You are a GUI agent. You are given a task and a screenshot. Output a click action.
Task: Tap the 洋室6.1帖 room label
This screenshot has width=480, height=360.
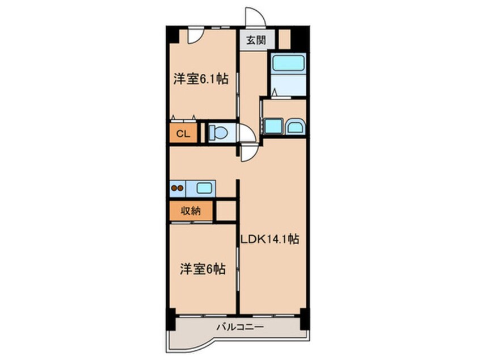(201, 79)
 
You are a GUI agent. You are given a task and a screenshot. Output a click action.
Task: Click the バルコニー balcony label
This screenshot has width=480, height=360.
(238, 328)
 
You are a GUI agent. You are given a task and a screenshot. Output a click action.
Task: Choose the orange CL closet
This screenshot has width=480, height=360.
(182, 133)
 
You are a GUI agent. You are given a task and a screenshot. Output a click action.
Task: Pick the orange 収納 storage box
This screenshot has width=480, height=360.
(191, 211)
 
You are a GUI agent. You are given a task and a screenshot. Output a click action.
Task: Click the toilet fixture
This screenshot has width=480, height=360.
(218, 132)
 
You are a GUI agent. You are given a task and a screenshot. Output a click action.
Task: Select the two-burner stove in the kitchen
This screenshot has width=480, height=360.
(177, 187)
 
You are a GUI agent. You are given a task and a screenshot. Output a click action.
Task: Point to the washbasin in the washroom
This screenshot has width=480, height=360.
(295, 126)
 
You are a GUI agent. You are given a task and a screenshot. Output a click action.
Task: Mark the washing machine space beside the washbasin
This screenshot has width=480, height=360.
(273, 125)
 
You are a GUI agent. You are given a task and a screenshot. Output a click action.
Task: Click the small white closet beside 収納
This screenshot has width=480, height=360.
(226, 211)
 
